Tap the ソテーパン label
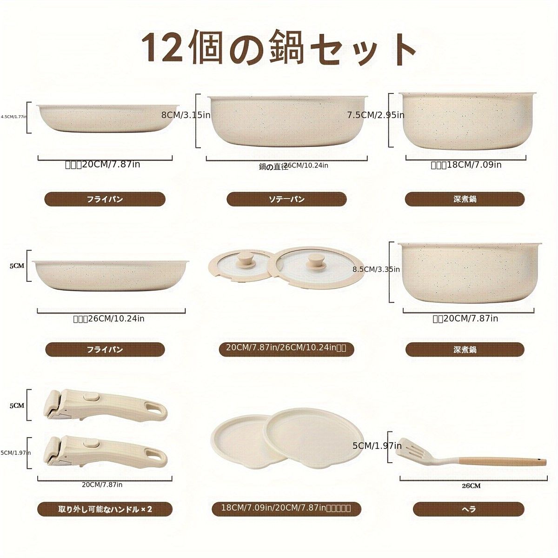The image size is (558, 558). pos(286,199)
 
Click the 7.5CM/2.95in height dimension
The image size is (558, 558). pos(376,115)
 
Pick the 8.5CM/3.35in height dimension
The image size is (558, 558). pos(376,269)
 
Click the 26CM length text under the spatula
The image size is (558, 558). pos(471,486)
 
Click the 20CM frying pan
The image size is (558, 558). pos(105,119)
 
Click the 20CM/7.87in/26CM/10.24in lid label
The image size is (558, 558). pos(283,349)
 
